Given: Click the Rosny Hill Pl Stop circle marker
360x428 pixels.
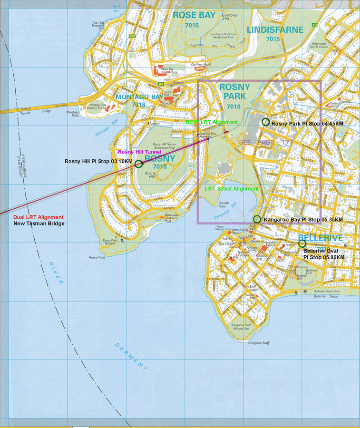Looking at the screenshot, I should (x=138, y=164).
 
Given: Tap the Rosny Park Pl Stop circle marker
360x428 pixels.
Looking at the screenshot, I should (x=266, y=122).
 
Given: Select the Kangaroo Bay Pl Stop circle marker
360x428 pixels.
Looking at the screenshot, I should (x=257, y=219).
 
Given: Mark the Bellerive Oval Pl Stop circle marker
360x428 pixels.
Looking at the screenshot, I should (x=302, y=243).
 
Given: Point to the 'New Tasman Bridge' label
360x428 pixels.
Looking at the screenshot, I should (x=39, y=224).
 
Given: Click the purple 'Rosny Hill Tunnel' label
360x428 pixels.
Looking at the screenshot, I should (x=139, y=152).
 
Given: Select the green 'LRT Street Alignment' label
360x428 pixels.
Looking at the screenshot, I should (x=232, y=189).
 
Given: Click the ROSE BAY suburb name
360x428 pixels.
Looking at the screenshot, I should (x=194, y=15).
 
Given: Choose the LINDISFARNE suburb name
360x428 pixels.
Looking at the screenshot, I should (x=275, y=30).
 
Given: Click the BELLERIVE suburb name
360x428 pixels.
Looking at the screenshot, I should (x=321, y=238).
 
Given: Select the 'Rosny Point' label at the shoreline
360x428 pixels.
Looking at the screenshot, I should (x=97, y=257).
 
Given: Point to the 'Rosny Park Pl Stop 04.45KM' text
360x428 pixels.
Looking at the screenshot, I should (x=307, y=124).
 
